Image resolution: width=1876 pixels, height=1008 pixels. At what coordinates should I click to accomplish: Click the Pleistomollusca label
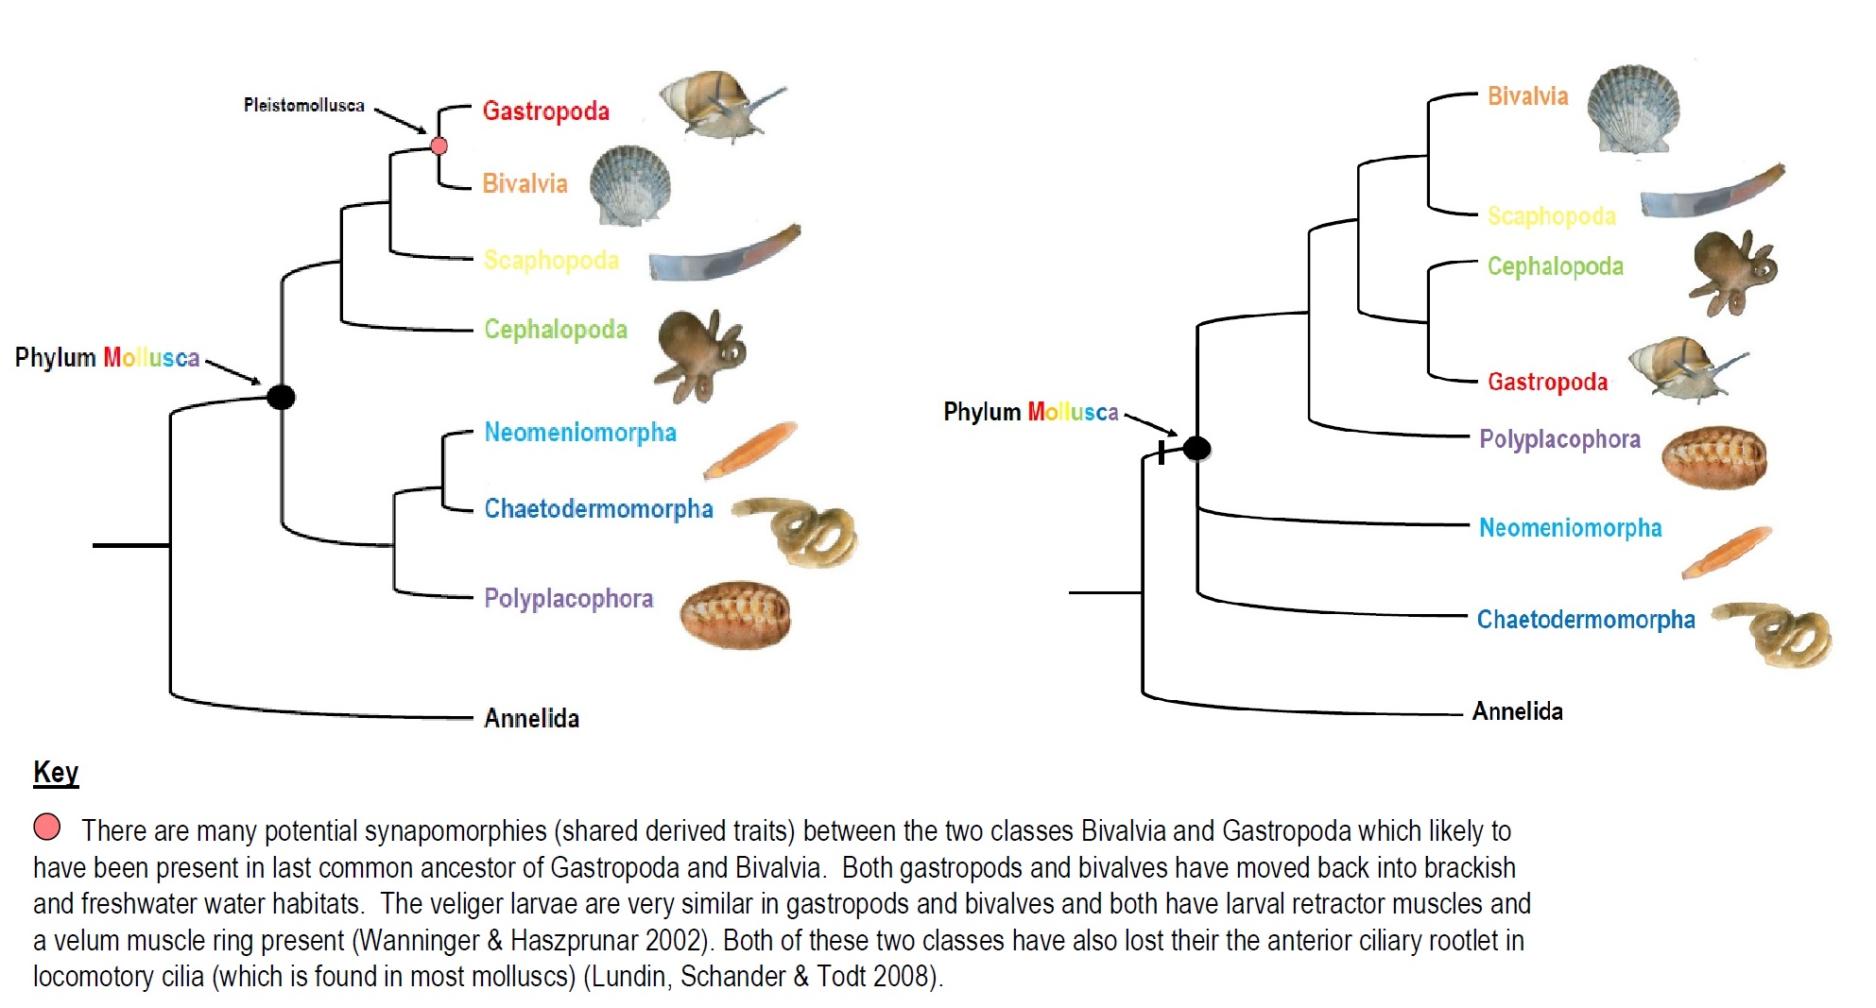[x=303, y=105]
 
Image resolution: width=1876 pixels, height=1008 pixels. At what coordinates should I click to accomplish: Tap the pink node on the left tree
[x=439, y=145]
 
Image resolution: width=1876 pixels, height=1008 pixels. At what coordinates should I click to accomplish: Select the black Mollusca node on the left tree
[x=281, y=397]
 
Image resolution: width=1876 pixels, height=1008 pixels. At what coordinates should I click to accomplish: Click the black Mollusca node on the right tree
[x=1196, y=448]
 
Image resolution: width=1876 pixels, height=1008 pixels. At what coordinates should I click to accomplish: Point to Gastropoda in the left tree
[x=545, y=111]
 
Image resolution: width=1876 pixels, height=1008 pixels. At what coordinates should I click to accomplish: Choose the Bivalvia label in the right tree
[x=1527, y=96]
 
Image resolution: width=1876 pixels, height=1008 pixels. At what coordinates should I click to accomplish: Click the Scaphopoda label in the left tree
[x=551, y=260]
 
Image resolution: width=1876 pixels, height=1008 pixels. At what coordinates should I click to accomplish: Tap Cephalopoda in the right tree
[x=1555, y=266]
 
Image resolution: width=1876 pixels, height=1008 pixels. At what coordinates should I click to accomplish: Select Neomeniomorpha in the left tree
[x=579, y=433]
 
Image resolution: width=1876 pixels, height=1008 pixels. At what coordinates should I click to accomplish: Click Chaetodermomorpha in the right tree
[x=1585, y=620]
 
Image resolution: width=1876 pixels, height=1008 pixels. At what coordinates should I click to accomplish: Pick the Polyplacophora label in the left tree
[x=568, y=599]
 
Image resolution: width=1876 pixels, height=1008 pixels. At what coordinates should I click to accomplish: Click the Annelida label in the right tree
[x=1517, y=711]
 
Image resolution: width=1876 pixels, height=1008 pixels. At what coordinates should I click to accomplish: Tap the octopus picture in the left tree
[x=700, y=354]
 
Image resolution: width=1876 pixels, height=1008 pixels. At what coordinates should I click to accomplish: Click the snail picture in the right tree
[x=1685, y=367]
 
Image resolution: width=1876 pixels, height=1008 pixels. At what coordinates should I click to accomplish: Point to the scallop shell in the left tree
[x=630, y=185]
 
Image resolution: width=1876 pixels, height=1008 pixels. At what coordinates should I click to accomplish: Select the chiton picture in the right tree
[x=1713, y=457]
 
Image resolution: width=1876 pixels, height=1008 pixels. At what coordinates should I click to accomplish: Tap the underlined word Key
[x=56, y=773]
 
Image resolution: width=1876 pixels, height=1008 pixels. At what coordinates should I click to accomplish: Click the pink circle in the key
[x=47, y=827]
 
